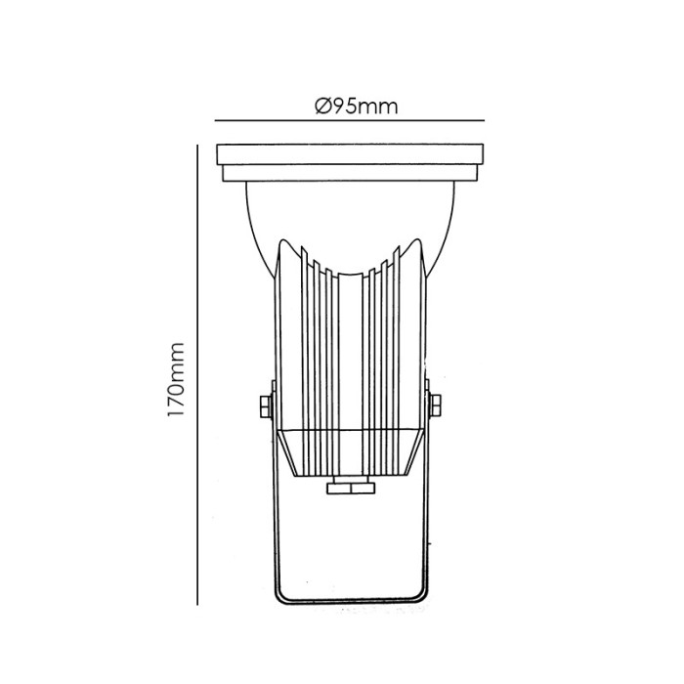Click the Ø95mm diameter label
(x=357, y=107)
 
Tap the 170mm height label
(x=176, y=380)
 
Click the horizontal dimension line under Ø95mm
(x=349, y=121)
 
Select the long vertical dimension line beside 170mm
(x=199, y=371)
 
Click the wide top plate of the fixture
(x=349, y=154)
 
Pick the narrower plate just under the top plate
(x=349, y=175)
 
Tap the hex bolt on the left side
(x=265, y=405)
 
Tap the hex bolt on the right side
(x=435, y=405)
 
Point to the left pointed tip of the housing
(x=286, y=240)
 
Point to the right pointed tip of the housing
(x=414, y=240)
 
